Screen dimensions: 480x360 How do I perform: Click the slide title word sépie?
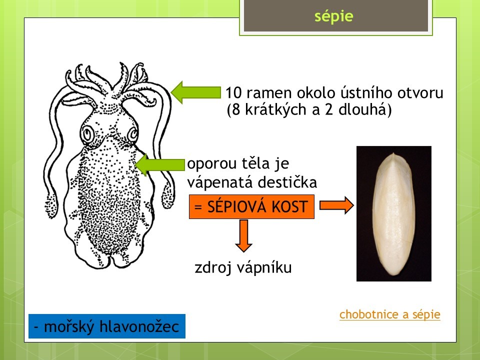[x=333, y=16]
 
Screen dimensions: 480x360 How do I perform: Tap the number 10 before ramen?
[x=234, y=92]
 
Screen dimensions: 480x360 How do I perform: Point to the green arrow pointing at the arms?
[x=196, y=92]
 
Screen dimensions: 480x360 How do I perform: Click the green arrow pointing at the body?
[x=160, y=164]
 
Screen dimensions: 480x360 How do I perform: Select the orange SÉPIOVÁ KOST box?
[x=251, y=206]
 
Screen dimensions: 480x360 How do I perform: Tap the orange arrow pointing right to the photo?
[x=336, y=205]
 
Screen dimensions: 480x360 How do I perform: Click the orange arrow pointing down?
[x=243, y=235]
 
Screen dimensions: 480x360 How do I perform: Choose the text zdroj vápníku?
[x=243, y=267]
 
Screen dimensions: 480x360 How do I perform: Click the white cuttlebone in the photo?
[x=393, y=214]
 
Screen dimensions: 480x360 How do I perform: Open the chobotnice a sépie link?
[x=389, y=314]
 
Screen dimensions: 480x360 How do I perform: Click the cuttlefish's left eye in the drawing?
[x=87, y=133]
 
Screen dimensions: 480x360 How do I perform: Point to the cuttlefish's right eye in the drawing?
[x=133, y=134]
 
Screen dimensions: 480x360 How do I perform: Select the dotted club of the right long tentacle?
[x=168, y=194]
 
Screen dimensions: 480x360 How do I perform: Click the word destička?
[x=287, y=183]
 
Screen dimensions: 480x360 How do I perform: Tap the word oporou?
[x=211, y=164]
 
